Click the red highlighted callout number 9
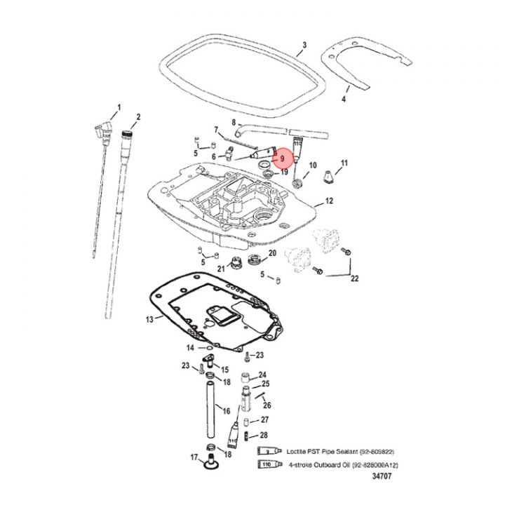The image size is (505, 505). [x=282, y=159]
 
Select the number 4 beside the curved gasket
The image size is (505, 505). [x=344, y=99]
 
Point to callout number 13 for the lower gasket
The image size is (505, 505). [x=149, y=320]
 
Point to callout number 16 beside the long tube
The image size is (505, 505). [x=226, y=410]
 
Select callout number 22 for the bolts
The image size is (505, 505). [x=354, y=278]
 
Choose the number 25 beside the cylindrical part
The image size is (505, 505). [x=265, y=384]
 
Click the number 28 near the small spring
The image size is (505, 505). [x=264, y=436]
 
